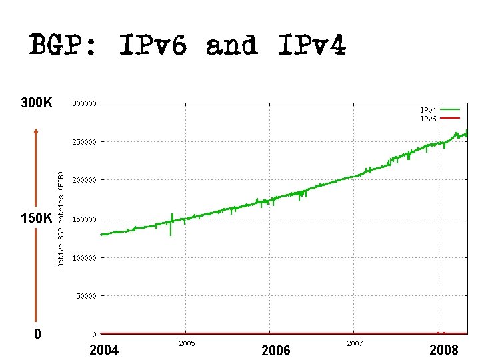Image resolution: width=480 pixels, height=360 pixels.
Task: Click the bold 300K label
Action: (37, 103)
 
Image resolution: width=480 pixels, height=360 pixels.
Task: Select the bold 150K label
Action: (37, 219)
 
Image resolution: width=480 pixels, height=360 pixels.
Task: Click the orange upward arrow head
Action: (37, 133)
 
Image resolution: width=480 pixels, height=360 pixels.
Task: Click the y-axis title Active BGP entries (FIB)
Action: (61, 219)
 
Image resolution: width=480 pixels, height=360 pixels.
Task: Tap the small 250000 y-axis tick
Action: (84, 142)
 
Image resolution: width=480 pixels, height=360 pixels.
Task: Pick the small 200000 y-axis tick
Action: (84, 180)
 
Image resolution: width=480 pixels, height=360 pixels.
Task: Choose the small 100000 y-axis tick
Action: (84, 257)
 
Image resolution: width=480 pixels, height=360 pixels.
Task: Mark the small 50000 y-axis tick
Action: (86, 295)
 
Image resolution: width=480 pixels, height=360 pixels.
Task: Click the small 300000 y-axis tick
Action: (84, 103)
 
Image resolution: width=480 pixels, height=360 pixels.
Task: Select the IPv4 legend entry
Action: (428, 109)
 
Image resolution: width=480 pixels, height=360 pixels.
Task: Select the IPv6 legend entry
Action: (428, 118)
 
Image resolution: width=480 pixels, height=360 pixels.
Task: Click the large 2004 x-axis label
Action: (103, 350)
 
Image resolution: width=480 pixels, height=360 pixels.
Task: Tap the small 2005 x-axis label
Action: (186, 343)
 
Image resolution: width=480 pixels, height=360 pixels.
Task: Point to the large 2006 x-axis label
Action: (275, 350)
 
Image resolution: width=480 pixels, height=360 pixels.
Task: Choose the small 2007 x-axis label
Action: (354, 343)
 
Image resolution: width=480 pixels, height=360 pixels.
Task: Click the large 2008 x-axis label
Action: (444, 350)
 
